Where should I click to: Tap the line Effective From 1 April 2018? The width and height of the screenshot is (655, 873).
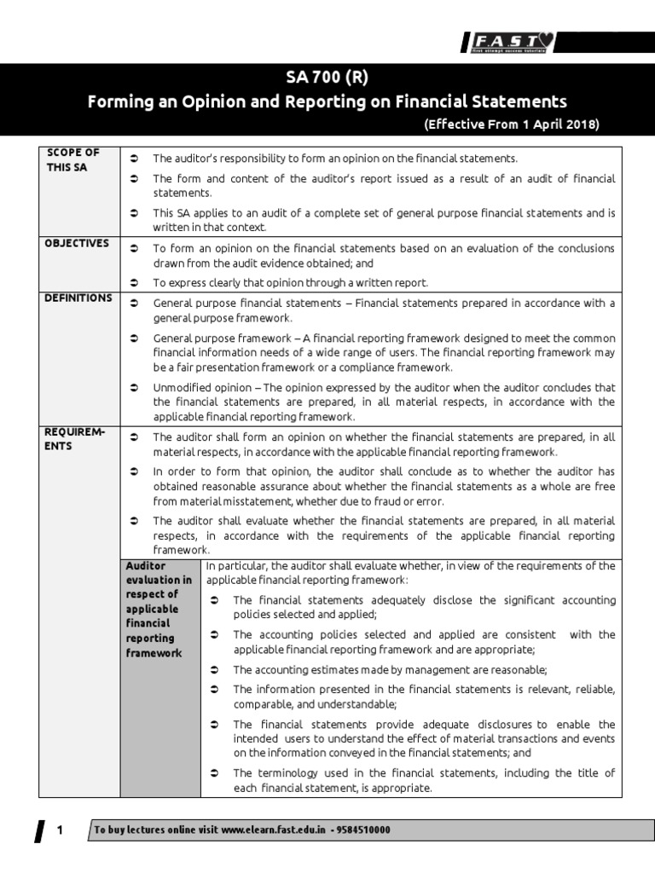click(511, 124)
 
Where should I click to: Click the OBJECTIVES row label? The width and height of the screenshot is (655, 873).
click(77, 243)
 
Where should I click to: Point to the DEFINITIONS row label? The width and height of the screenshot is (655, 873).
click(78, 298)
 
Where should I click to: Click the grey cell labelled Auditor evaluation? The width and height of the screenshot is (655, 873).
click(159, 609)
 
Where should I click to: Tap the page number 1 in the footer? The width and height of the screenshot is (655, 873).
click(60, 830)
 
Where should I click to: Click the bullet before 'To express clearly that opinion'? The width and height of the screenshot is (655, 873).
click(136, 283)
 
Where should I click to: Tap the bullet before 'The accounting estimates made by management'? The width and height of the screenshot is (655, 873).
click(215, 670)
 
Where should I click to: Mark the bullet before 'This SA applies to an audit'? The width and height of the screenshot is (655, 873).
click(136, 213)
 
